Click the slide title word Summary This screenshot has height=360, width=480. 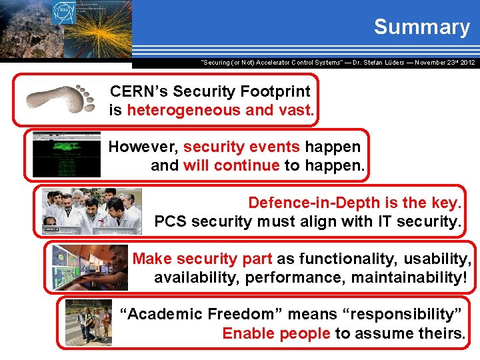point(421,27)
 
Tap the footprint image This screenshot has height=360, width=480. point(61,99)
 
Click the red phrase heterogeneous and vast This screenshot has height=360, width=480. point(220,110)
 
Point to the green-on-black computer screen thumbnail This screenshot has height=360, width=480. point(67,154)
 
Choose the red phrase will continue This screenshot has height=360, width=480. point(231,165)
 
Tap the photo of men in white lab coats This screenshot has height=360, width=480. point(92,211)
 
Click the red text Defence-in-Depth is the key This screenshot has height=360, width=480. point(354,202)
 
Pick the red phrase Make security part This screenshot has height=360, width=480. point(202,258)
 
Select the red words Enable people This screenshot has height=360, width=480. point(276,333)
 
